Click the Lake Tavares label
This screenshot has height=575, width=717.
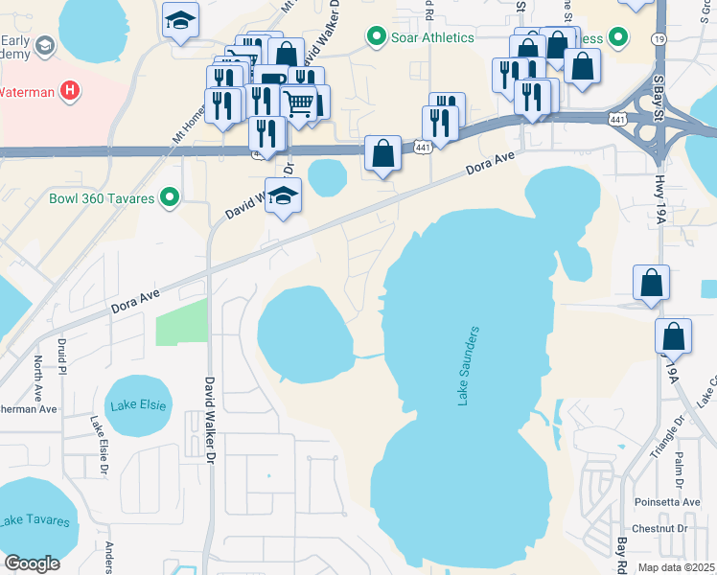point(35,521)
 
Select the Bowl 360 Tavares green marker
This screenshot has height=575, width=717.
point(171,198)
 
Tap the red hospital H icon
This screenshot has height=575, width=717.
point(69,92)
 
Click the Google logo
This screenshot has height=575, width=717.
point(32,563)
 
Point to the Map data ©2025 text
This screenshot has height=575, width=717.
point(677,567)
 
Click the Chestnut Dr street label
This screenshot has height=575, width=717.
point(660,529)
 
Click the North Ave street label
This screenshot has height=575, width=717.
point(38,377)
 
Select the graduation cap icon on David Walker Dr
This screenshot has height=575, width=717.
point(283,195)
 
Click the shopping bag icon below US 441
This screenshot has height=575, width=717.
point(382,153)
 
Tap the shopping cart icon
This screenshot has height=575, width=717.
point(300,102)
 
